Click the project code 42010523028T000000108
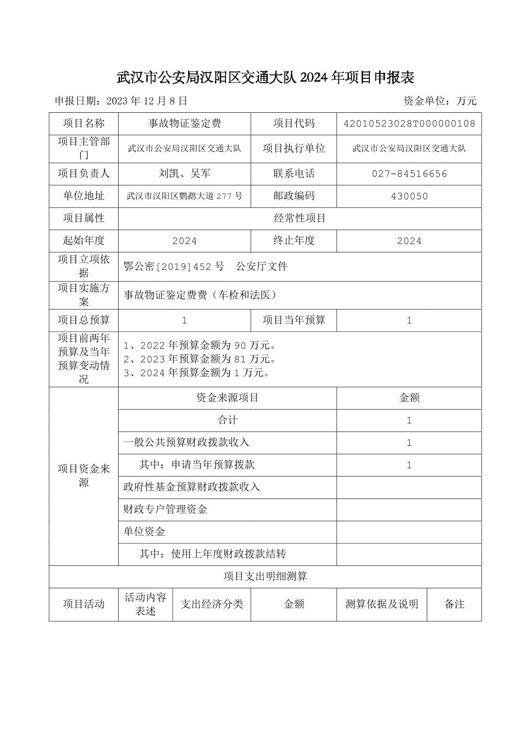click(x=409, y=123)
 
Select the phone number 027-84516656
click(x=409, y=174)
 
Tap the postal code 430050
click(x=409, y=196)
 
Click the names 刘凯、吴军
click(x=184, y=174)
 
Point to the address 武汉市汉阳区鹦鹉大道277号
click(x=184, y=196)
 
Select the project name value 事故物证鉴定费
click(x=184, y=123)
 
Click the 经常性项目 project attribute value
click(x=299, y=218)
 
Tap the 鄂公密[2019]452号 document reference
click(x=174, y=266)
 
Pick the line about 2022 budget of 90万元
click(x=200, y=346)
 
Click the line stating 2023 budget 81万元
click(x=200, y=359)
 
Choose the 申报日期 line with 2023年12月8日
click(x=121, y=101)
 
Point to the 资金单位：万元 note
click(x=440, y=101)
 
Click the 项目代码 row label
click(x=294, y=123)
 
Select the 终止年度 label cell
click(x=294, y=240)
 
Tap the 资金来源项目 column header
click(x=227, y=398)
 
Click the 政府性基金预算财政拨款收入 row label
click(x=191, y=487)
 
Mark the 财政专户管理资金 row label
click(x=165, y=509)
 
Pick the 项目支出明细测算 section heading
click(x=265, y=577)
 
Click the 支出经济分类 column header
click(x=211, y=604)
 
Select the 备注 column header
click(x=454, y=604)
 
